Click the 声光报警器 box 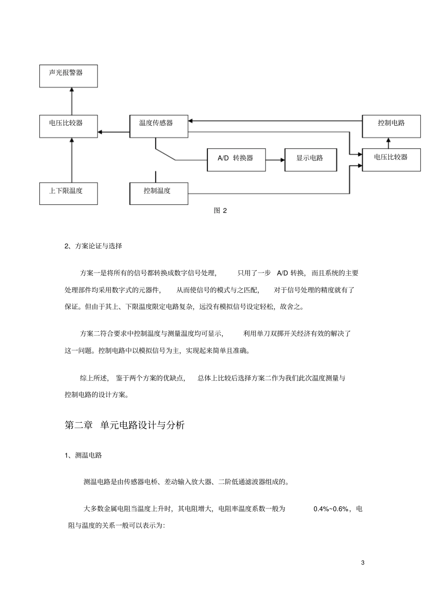[68, 76]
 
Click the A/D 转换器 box [236, 160]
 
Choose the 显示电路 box [310, 160]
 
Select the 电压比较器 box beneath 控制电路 [391, 160]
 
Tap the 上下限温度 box [68, 193]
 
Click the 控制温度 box [159, 193]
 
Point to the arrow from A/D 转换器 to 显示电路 [275, 160]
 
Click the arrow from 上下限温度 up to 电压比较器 [71, 160]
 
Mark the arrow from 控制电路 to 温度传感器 [275, 121]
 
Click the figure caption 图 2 [220, 211]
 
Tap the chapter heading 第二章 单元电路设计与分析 [125, 425]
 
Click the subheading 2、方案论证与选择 [93, 246]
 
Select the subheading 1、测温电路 [84, 455]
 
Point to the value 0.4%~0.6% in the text [331, 509]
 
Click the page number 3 [363, 563]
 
